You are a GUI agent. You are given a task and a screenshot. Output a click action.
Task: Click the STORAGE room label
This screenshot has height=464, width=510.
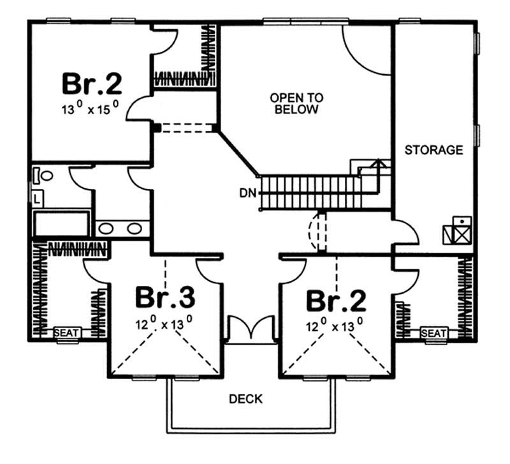433,150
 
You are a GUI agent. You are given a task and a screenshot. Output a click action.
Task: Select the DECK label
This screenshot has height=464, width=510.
245,400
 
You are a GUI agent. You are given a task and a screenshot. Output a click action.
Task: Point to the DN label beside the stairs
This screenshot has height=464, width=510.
249,191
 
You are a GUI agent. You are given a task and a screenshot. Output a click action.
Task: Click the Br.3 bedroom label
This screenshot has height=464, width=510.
164,299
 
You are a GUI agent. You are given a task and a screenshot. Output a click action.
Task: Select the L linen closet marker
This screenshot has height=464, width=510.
37,199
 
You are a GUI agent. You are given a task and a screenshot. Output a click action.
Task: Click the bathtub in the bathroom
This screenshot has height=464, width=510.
62,225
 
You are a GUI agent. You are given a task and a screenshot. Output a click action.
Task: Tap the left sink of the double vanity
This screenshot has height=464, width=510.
107,228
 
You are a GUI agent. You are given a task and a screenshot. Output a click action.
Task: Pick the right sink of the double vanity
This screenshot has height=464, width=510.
135,228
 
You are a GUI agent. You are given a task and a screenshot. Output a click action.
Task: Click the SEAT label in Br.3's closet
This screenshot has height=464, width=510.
65,333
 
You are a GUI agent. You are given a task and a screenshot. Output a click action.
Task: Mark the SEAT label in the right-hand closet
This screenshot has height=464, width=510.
433,333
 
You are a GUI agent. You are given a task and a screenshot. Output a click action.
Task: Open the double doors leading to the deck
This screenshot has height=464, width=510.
251,329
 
